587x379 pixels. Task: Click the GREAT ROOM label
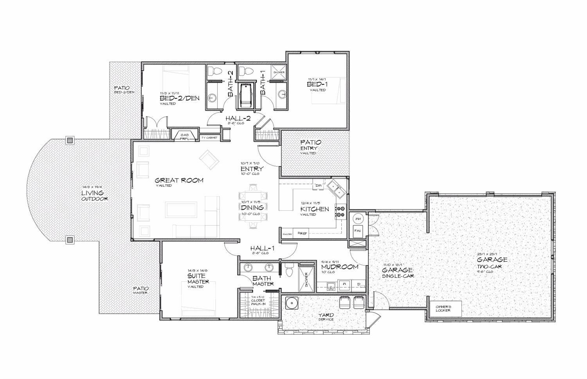pyautogui.click(x=179, y=181)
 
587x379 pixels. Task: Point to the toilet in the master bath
pyautogui.click(x=290, y=270)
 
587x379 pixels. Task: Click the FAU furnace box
pyautogui.click(x=357, y=231)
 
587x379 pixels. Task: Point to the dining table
pyautogui.click(x=254, y=207)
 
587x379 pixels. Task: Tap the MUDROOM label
pyautogui.click(x=345, y=267)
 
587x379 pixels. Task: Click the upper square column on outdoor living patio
pyautogui.click(x=70, y=140)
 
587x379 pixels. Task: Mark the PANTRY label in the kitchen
pyautogui.click(x=288, y=234)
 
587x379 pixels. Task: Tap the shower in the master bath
pyautogui.click(x=306, y=278)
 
